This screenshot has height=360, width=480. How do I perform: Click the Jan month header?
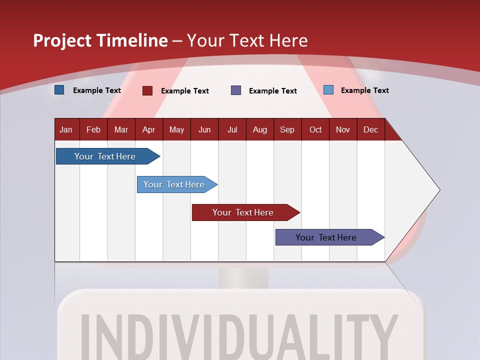click(66, 130)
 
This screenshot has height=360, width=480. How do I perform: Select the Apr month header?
click(149, 130)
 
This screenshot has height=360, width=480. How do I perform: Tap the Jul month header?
click(232, 130)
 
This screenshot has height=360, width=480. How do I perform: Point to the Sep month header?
click(287, 130)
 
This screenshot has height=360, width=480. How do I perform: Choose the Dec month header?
click(370, 130)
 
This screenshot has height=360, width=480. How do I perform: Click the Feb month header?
click(93, 130)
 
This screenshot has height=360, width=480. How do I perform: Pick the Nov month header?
click(343, 130)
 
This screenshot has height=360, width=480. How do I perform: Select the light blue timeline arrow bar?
click(175, 184)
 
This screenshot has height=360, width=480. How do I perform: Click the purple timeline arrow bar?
click(327, 237)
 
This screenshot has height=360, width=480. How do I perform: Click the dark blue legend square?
click(59, 90)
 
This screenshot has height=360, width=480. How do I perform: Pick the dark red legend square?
click(147, 90)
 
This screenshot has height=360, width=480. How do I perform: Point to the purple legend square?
click(236, 90)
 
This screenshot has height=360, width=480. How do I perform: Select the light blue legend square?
click(328, 90)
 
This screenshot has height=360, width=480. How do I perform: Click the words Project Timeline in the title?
click(100, 40)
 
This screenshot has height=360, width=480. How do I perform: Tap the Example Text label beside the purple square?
click(273, 91)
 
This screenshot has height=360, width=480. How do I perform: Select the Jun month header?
click(204, 130)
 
